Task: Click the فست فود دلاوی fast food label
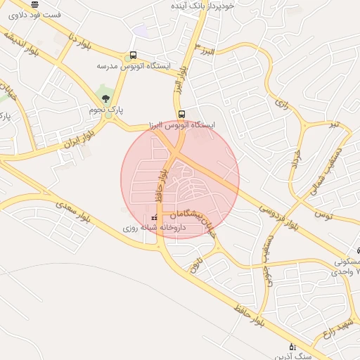click(x=34, y=14)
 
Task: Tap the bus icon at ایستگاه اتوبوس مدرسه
click(x=133, y=55)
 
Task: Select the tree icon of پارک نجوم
click(x=105, y=98)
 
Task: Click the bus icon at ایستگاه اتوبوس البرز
click(x=182, y=114)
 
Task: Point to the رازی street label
click(x=281, y=105)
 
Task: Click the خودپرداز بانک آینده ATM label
click(x=207, y=5)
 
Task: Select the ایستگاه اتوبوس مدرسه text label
click(x=134, y=65)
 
